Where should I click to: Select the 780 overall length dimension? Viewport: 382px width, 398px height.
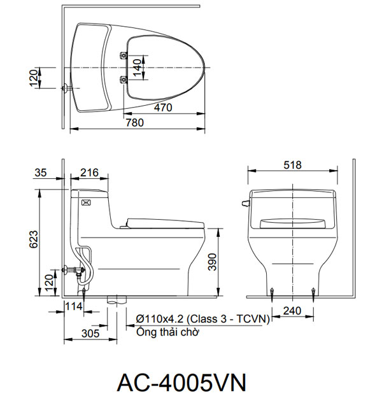pyautogui.click(x=134, y=122)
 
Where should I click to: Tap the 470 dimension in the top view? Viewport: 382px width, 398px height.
pyautogui.click(x=163, y=108)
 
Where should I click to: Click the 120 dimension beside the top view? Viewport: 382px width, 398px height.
pyautogui.click(x=34, y=78)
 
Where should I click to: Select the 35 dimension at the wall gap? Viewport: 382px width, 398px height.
pyautogui.click(x=41, y=173)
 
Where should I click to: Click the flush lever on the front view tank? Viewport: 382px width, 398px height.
pyautogui.click(x=244, y=204)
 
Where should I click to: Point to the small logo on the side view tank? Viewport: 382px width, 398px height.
pyautogui.click(x=87, y=203)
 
